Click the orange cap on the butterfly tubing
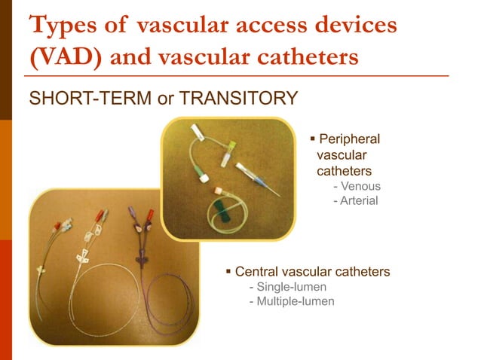tap(219, 190)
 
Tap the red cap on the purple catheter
tap(150, 215)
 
